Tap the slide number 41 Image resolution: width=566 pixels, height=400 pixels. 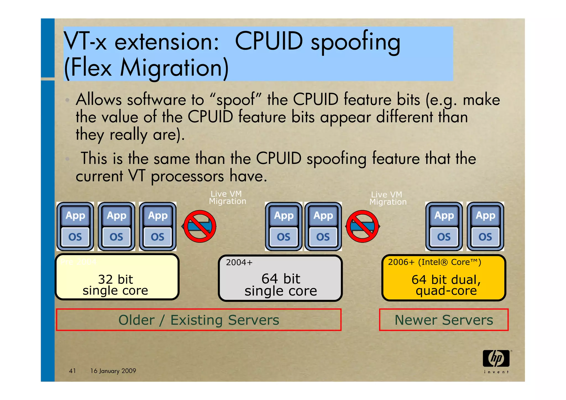(x=72, y=371)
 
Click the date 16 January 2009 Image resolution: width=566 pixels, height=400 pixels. (x=113, y=371)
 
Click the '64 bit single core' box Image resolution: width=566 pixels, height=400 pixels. (x=280, y=278)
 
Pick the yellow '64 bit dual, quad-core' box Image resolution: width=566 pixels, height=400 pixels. (x=444, y=278)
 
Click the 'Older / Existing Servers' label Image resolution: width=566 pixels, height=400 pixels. (x=198, y=320)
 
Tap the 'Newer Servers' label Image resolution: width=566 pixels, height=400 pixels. (x=444, y=320)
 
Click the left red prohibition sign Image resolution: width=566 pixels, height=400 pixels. (x=200, y=226)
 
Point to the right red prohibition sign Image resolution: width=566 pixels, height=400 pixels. (x=362, y=226)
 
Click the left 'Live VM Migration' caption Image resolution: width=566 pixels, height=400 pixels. (x=227, y=197)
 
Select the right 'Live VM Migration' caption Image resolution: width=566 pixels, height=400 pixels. (x=388, y=198)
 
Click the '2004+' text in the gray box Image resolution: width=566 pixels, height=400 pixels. (x=239, y=262)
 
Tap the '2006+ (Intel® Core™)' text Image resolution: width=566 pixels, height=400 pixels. (x=434, y=262)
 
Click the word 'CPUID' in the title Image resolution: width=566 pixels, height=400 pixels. (x=269, y=41)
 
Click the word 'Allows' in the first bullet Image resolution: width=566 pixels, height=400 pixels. (x=99, y=100)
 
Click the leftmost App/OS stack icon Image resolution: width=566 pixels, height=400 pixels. (x=75, y=226)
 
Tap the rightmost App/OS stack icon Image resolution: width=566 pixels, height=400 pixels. (x=485, y=226)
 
